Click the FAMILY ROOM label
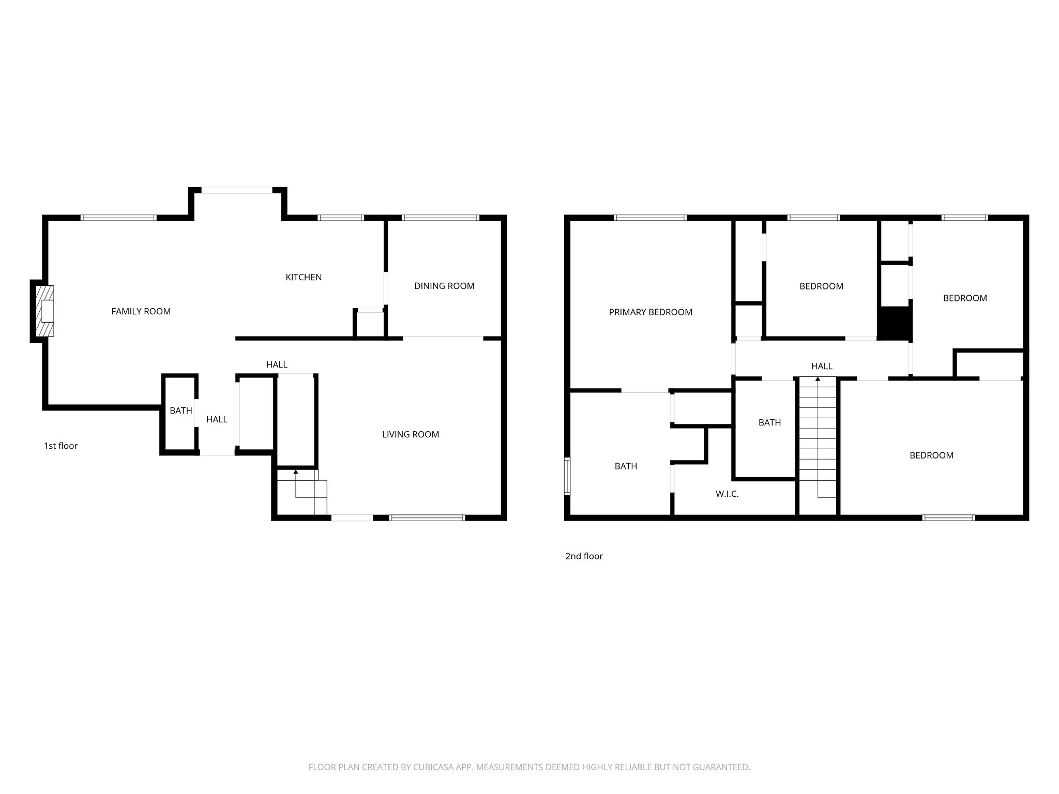(x=141, y=311)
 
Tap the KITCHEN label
(x=304, y=277)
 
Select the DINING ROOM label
(x=444, y=286)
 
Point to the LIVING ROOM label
(x=410, y=434)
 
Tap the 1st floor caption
(x=60, y=446)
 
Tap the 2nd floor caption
(x=584, y=556)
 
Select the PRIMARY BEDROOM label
(x=650, y=312)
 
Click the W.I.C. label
(x=727, y=494)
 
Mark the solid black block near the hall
(x=894, y=323)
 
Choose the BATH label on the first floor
(x=180, y=410)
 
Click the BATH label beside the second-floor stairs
(x=769, y=422)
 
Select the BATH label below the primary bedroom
(x=625, y=466)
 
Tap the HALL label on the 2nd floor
(x=821, y=366)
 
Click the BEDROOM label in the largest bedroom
(x=931, y=455)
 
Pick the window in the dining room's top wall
(x=440, y=218)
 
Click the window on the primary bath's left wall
(x=567, y=477)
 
